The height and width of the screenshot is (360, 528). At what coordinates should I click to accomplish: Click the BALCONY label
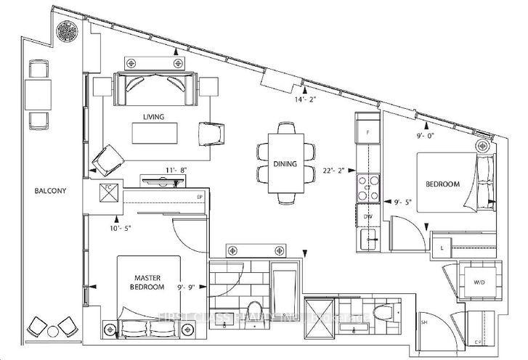click(50, 191)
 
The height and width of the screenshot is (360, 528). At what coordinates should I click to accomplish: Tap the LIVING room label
click(153, 116)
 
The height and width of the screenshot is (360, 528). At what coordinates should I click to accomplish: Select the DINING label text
click(285, 163)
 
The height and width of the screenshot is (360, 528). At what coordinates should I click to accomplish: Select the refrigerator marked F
click(368, 134)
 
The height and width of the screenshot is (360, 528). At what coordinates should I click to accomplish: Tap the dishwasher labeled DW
click(367, 216)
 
